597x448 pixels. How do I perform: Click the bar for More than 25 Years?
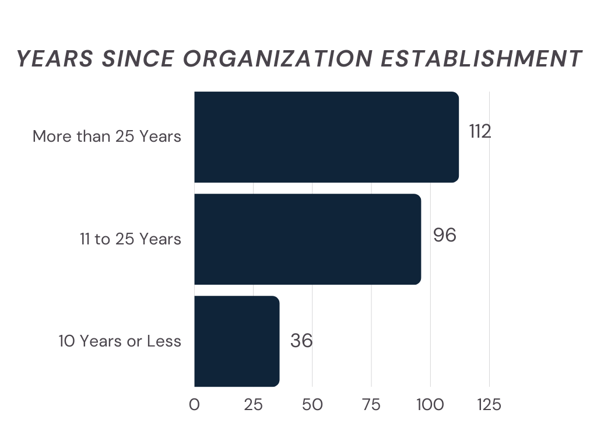tap(326, 137)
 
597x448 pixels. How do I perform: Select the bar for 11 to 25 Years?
tap(307, 239)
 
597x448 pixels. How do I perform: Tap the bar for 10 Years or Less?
tap(237, 341)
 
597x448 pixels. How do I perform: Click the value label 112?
tap(480, 131)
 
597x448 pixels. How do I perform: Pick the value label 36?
tap(301, 341)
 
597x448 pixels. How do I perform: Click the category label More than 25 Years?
tap(107, 137)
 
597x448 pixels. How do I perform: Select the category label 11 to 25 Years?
tap(131, 239)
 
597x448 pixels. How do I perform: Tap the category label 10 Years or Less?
tap(120, 341)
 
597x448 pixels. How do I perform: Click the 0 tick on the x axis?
tap(194, 405)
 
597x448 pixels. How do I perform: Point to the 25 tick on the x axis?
tap(253, 405)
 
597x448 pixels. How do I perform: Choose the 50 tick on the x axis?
tap(312, 405)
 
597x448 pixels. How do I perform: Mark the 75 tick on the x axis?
tap(371, 405)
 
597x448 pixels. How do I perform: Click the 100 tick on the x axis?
tap(430, 405)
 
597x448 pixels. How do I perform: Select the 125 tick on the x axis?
tap(489, 405)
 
